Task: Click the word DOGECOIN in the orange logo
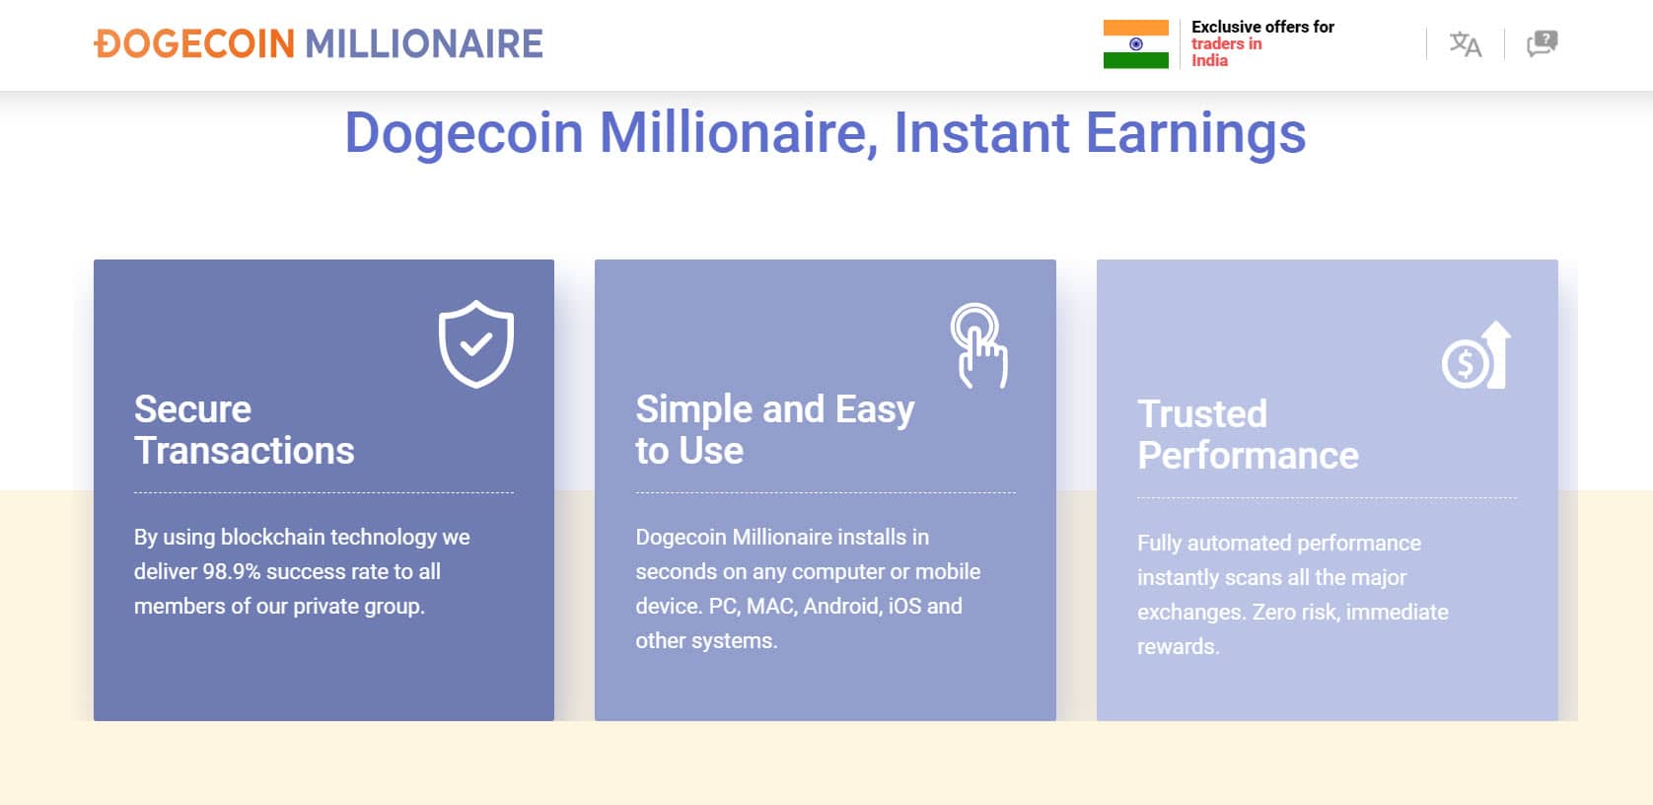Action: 194,43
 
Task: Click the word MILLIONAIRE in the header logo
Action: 424,43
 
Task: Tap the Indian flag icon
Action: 1136,44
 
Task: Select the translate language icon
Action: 1466,44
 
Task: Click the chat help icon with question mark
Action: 1543,43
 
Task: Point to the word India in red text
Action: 1209,61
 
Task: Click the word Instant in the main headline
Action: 981,133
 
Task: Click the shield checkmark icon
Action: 476,343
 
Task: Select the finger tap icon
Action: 978,344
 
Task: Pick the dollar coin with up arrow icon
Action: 1476,355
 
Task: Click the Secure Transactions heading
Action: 245,429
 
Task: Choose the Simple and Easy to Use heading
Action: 775,429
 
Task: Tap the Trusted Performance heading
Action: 1248,435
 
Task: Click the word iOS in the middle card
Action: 904,607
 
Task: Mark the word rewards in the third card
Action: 1178,647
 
